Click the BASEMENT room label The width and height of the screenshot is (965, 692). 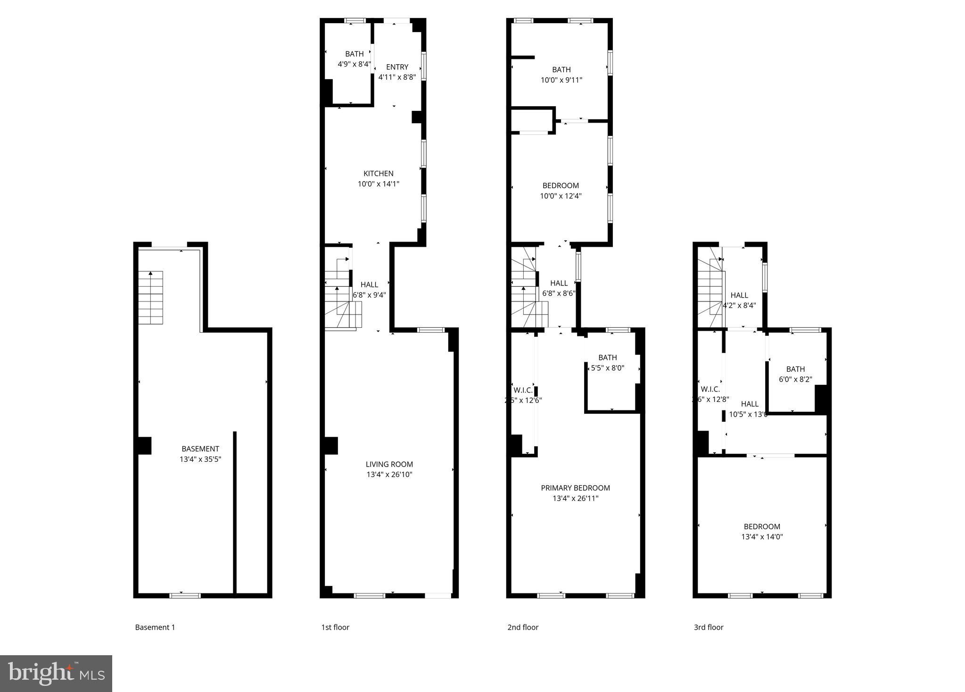tap(200, 449)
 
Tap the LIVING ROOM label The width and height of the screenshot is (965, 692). tap(389, 464)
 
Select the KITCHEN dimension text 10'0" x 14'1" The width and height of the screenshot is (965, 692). tap(378, 184)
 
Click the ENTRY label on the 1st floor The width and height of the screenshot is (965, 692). tap(397, 67)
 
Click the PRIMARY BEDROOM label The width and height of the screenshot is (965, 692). tap(575, 488)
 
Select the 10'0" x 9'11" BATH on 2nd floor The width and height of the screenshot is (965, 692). tap(561, 75)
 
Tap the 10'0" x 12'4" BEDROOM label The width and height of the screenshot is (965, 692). tap(561, 191)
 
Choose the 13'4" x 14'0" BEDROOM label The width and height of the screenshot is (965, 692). tap(762, 531)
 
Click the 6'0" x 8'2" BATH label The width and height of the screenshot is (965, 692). tap(795, 374)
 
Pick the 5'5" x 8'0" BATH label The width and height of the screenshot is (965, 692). tap(608, 363)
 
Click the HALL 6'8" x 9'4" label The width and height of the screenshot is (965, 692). tap(369, 290)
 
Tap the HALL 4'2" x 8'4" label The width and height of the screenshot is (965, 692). tap(739, 300)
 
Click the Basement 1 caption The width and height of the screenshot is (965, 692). tap(155, 627)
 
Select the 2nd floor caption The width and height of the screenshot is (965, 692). tap(522, 627)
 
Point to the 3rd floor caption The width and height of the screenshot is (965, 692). tap(708, 627)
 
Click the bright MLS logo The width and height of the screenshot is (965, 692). tap(56, 673)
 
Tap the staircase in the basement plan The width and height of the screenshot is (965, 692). tap(150, 297)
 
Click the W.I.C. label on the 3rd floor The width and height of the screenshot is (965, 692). tap(710, 389)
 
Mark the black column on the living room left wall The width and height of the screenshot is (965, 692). tap(331, 446)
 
